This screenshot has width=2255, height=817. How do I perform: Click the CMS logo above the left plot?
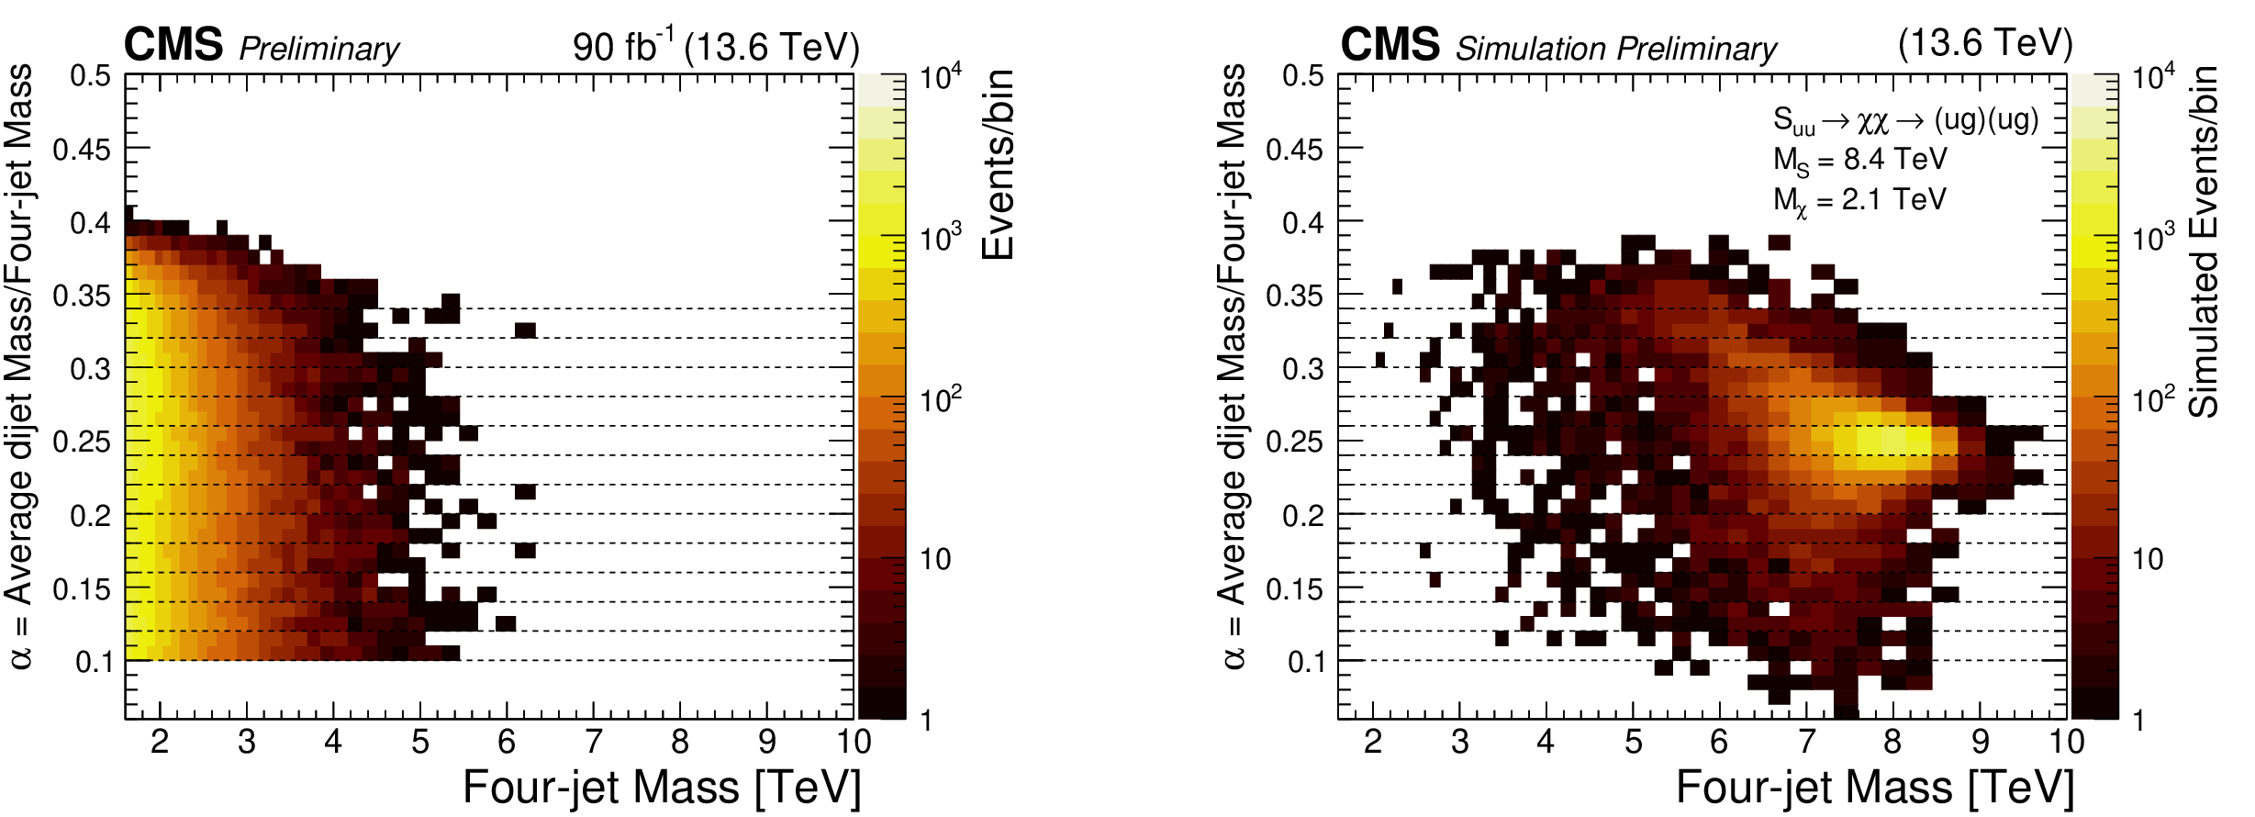tap(173, 44)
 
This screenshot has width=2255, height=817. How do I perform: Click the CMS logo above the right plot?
tap(1390, 44)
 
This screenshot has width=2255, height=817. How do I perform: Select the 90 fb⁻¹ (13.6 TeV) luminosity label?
tap(715, 46)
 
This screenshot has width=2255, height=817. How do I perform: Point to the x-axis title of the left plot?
tap(662, 788)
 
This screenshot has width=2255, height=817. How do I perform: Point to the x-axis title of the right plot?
tap(1875, 788)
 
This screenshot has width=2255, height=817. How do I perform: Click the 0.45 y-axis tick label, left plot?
tap(82, 149)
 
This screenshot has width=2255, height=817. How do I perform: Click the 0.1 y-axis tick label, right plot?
tap(1306, 662)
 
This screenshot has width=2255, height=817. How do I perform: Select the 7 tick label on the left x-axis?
tap(593, 742)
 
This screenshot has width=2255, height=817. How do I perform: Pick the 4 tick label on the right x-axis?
tap(1546, 742)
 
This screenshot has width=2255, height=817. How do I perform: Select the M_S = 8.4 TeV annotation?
tap(1859, 161)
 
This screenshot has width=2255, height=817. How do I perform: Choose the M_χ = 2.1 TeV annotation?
tap(1859, 201)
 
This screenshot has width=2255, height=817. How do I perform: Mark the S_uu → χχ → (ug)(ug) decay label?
tap(1905, 120)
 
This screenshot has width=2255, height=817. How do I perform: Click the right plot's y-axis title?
tap(1234, 367)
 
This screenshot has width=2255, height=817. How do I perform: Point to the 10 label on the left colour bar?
tap(934, 559)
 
